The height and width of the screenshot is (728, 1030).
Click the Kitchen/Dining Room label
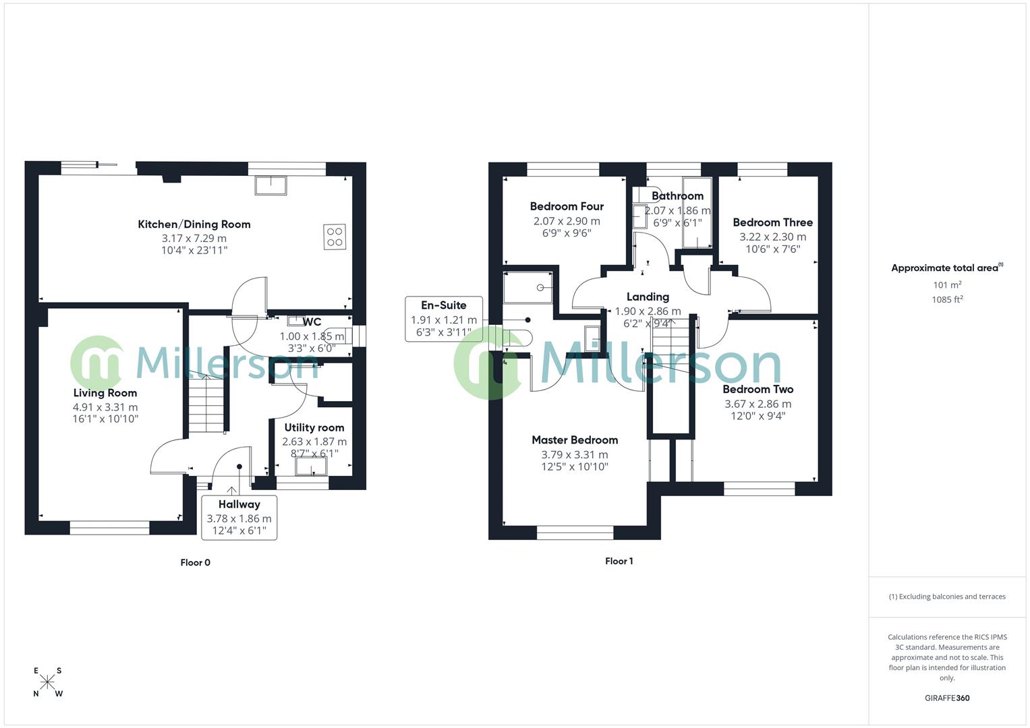point(194,224)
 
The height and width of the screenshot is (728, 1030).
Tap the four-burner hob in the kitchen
point(335,237)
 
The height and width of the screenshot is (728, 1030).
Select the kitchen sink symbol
point(270,185)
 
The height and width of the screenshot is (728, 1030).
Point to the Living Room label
point(105,393)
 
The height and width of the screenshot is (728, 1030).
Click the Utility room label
point(314,427)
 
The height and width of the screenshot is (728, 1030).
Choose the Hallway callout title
point(239,504)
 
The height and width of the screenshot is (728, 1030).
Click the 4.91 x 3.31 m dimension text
point(105,407)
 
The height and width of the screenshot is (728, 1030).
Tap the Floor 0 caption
point(195,562)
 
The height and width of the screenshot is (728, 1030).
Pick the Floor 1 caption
point(619,561)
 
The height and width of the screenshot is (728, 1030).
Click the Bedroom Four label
point(567,206)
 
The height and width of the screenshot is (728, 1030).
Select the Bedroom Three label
point(772,222)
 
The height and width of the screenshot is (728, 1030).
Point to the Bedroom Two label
point(757,389)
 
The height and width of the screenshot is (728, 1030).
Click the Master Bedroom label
point(575,440)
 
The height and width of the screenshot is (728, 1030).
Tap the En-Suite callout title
point(444,305)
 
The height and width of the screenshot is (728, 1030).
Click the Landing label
point(648,297)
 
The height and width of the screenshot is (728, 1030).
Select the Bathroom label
point(677,196)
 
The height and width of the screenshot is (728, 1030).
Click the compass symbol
point(47,682)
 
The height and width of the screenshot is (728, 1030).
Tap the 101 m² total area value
point(947,285)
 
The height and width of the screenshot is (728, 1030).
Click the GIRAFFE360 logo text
point(947,698)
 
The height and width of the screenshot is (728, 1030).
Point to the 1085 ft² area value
point(947,299)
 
